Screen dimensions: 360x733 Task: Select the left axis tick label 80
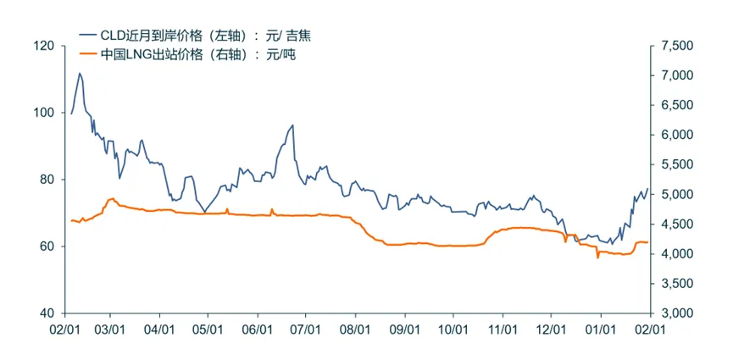coord(47,180)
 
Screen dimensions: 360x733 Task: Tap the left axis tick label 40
coord(47,313)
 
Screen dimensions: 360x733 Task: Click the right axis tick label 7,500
coord(675,46)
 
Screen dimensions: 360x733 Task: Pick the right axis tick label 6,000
coord(675,135)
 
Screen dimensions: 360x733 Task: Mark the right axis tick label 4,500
coord(675,224)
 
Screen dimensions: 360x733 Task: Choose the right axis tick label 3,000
coord(675,313)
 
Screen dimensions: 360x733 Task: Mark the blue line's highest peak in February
coord(80,73)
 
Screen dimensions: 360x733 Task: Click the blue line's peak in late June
coord(292,125)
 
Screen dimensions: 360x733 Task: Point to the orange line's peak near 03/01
coord(112,198)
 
